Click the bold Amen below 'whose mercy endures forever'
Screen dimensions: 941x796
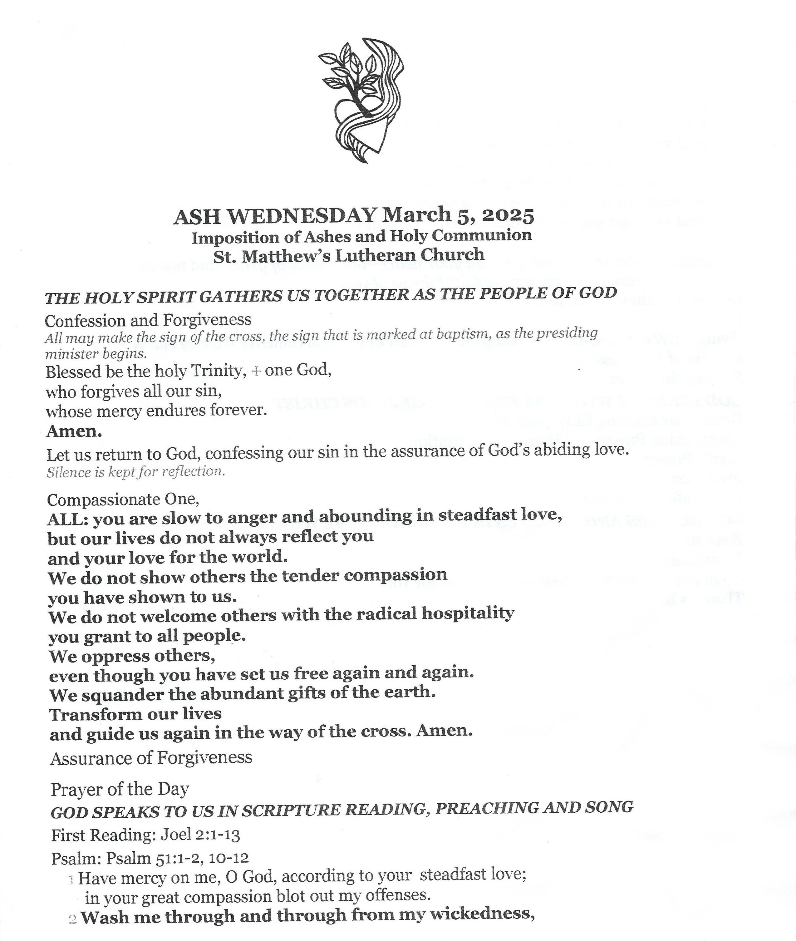click(x=74, y=431)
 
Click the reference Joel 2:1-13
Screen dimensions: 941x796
click(x=200, y=835)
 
